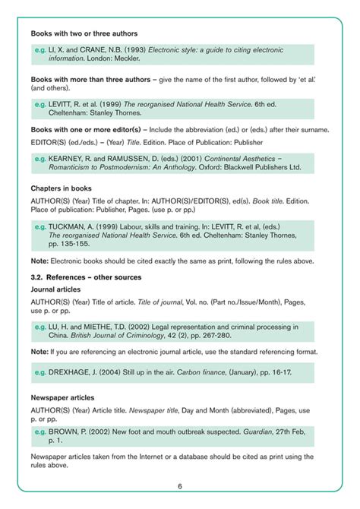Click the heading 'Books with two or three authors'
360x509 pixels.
[x=84, y=33]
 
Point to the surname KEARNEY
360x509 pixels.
[x=68, y=159]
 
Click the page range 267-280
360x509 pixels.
[x=234, y=336]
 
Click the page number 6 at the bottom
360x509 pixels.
[x=180, y=486]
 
